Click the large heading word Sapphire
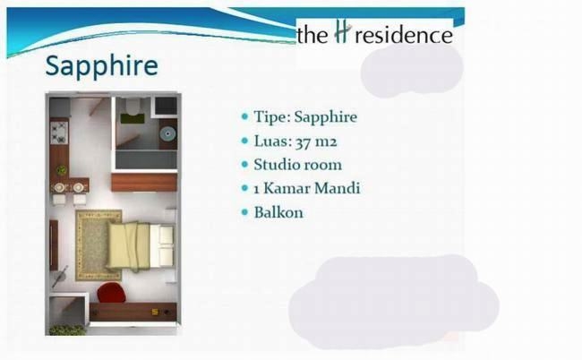coord(102,66)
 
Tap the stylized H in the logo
coord(342,31)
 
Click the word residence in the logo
coord(404,35)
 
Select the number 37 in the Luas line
coord(303,141)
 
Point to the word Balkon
coord(278,212)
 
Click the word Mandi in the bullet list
coord(338,188)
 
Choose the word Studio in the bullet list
coord(275,165)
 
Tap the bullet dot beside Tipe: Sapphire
coord(244,116)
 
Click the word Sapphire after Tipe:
coord(326,117)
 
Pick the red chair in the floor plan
coord(110,293)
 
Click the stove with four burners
coord(59,133)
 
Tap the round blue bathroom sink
coord(167,133)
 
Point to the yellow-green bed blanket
coord(128,245)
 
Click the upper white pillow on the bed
coord(166,235)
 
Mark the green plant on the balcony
coord(67,330)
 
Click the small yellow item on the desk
coord(155,312)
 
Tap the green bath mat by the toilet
coord(133,118)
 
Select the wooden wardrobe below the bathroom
coord(144,183)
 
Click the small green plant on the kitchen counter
coord(61,170)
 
